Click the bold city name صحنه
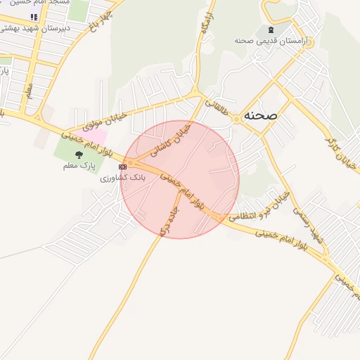tap(261, 115)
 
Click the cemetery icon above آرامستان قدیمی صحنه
tap(270, 30)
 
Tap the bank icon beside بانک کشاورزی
tap(123, 167)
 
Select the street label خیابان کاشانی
tap(173, 140)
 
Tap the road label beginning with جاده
tap(169, 219)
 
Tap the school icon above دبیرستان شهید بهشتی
tap(34, 16)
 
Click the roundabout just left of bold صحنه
tap(236, 120)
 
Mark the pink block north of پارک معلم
tap(99, 135)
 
